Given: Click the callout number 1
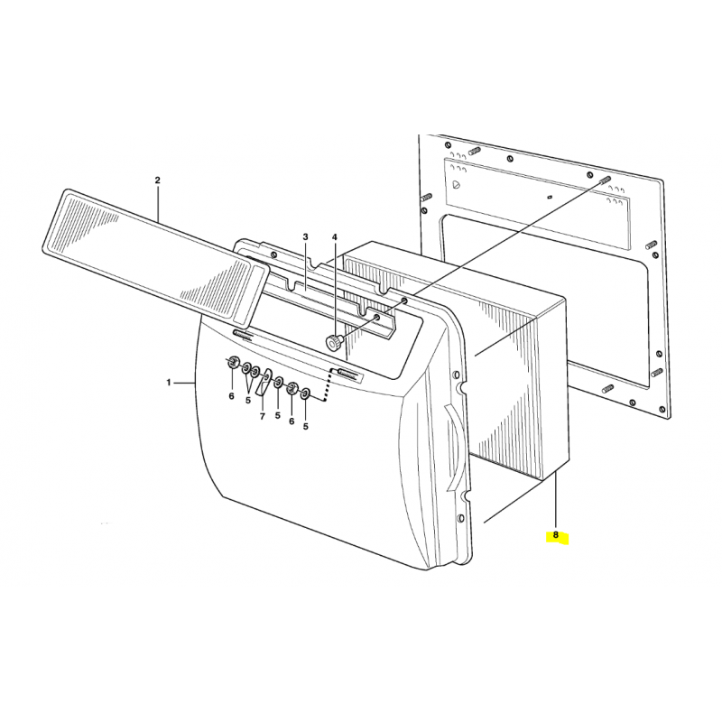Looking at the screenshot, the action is click(169, 382).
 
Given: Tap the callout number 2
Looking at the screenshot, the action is click(157, 180).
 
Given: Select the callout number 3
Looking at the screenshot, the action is click(305, 236).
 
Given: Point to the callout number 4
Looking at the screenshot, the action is click(335, 236).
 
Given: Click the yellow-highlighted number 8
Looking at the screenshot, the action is click(556, 535).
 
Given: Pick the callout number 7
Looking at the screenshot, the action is click(263, 417).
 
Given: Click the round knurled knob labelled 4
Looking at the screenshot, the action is click(334, 343).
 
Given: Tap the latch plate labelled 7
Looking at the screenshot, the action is click(264, 381).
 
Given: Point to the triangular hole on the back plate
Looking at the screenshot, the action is click(456, 184).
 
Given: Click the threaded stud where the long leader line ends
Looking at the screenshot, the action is click(606, 180).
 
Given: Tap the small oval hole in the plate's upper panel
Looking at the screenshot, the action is click(550, 197).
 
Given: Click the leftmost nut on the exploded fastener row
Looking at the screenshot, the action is click(234, 362).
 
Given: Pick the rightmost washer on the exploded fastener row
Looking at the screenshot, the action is click(305, 393).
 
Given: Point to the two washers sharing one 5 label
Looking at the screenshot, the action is click(251, 369).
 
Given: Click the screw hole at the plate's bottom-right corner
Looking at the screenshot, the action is click(662, 410).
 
